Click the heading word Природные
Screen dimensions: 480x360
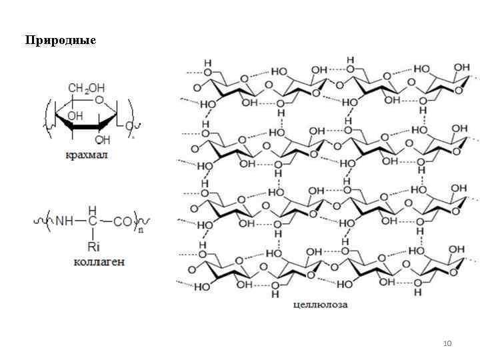point(61,41)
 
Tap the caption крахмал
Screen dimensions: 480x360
point(87,155)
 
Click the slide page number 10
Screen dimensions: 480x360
point(447,343)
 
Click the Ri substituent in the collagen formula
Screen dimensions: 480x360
point(93,247)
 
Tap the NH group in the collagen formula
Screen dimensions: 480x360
point(63,219)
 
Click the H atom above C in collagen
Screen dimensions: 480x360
point(93,207)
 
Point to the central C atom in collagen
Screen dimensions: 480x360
point(93,219)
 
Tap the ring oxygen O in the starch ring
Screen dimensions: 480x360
point(99,101)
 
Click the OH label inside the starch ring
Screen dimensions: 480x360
point(74,115)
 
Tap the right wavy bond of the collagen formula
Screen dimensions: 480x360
point(145,219)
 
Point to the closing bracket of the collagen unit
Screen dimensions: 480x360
point(135,219)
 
